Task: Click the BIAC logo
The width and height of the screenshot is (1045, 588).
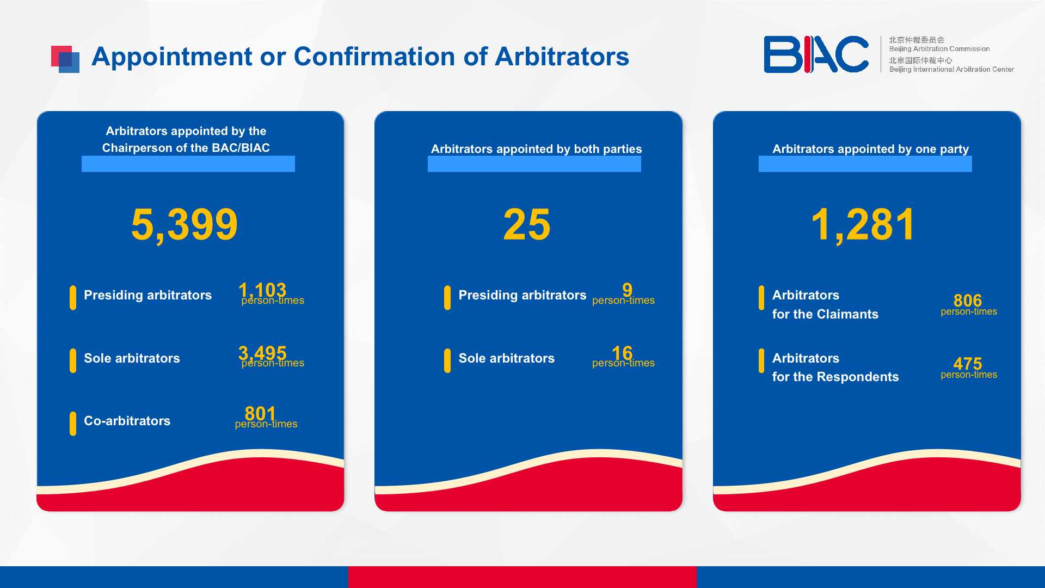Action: [x=816, y=54]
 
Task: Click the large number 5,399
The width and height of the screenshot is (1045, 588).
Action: [x=185, y=224]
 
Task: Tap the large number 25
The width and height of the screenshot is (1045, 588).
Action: [x=527, y=224]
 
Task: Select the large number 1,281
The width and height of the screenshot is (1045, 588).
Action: [x=863, y=224]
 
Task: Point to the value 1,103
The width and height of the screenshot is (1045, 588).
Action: [x=262, y=290]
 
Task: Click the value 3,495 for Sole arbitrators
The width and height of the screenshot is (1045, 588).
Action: [x=262, y=353]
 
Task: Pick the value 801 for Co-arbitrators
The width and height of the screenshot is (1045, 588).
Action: [x=260, y=414]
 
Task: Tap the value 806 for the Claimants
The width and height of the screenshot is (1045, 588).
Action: [x=968, y=301]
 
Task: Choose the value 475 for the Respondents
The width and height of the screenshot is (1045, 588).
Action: [x=968, y=363]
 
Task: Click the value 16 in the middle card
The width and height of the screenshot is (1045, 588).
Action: [x=622, y=353]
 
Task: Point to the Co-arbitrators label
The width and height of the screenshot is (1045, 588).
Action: [x=127, y=421]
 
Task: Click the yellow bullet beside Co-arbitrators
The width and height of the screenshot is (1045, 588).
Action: [x=73, y=424]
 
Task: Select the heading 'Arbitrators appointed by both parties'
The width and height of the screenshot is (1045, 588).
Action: [x=536, y=149]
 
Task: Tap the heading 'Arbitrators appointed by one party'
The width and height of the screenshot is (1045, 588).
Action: [x=870, y=149]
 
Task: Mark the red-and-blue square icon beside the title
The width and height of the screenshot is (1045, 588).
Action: [x=65, y=59]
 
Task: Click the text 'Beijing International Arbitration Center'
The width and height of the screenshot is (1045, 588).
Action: [x=951, y=70]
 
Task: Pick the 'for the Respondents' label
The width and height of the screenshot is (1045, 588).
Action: [x=835, y=377]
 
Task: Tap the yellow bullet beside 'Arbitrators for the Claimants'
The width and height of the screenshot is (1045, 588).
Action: [x=761, y=298]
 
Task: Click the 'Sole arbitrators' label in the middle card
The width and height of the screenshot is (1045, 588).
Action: [x=507, y=358]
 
